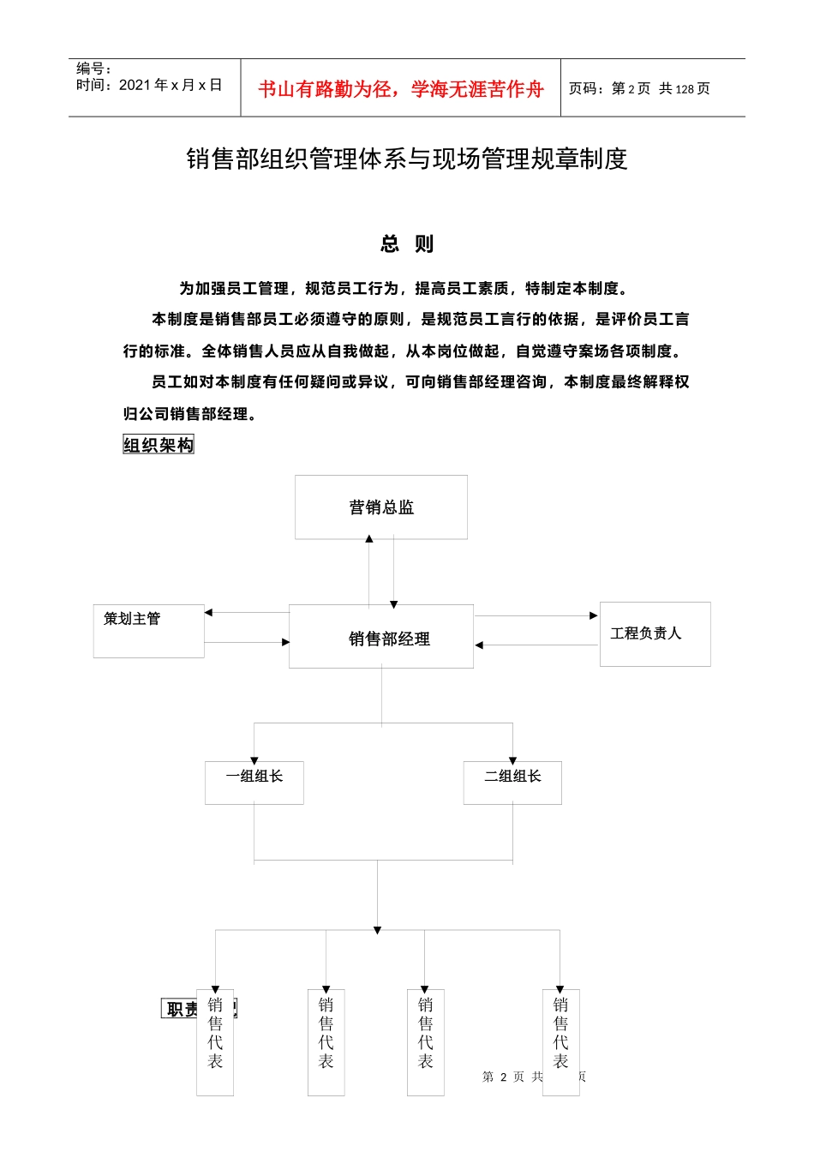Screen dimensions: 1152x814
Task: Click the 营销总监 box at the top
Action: point(381,507)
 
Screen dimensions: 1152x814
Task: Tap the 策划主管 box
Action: point(148,630)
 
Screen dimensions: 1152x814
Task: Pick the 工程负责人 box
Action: point(655,633)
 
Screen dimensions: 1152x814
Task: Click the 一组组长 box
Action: point(254,782)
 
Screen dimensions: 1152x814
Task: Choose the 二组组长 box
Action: point(512,782)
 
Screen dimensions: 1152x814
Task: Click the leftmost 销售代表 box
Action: point(215,1041)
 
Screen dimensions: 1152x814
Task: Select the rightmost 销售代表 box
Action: point(560,1041)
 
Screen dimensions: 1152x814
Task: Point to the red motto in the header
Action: point(401,89)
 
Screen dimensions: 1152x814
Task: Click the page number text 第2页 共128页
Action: point(639,89)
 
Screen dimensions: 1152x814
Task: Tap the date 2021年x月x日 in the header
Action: point(170,85)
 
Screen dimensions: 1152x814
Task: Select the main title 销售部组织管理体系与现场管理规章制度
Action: point(407,159)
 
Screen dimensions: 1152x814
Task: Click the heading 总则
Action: point(407,244)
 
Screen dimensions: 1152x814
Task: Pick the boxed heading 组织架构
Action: point(159,445)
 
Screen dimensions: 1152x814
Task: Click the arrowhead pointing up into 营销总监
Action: point(369,539)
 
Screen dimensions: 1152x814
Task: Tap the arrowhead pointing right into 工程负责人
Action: point(594,615)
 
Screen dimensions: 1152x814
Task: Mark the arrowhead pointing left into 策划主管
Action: point(208,612)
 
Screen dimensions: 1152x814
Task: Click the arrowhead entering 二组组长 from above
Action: point(512,760)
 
